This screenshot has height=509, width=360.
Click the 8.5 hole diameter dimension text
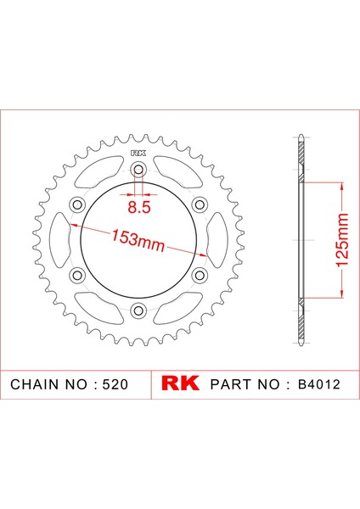(x=139, y=205)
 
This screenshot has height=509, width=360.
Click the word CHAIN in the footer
(x=37, y=383)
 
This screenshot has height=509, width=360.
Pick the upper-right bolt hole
(x=200, y=204)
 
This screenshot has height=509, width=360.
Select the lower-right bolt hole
(x=200, y=275)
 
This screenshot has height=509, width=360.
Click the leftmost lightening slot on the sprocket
(x=61, y=240)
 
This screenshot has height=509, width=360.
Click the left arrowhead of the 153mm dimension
(x=76, y=227)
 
